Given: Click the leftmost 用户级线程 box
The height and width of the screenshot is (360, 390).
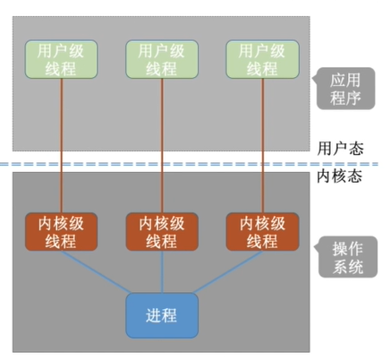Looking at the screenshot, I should (63, 59).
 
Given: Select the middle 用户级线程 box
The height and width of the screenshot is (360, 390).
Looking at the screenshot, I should (162, 59).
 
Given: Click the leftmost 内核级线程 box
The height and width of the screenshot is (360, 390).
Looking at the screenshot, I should (63, 232).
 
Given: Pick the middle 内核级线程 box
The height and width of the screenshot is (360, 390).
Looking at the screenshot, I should (162, 232).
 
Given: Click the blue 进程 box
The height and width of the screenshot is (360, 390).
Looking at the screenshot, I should (162, 314).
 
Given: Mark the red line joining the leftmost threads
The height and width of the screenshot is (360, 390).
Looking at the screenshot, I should (63, 143).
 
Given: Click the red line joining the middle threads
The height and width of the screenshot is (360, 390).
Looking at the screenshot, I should (162, 143).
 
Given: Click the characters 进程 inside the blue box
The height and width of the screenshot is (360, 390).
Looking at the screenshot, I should (162, 314).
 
